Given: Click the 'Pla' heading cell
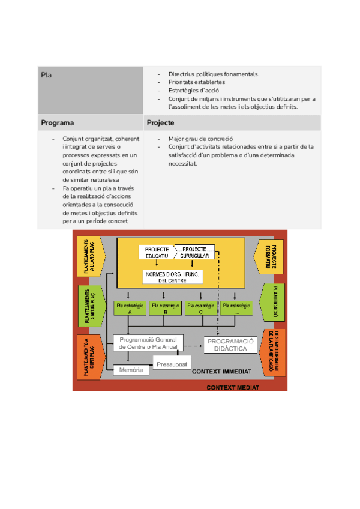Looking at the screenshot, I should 46,74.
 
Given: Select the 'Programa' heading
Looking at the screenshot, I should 58,123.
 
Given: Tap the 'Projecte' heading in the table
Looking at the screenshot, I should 160,123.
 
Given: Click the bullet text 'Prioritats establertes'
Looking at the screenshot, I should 197,82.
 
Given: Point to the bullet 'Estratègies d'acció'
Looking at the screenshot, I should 193,91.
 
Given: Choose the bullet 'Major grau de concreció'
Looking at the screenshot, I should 200,139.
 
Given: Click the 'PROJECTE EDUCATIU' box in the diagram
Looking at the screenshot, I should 157,252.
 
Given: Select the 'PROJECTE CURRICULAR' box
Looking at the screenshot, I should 196,252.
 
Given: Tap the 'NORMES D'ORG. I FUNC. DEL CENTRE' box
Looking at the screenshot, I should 172,277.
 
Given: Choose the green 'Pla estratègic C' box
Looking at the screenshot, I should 200,309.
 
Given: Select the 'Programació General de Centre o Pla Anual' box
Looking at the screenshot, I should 148,343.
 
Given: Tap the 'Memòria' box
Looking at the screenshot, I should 131,370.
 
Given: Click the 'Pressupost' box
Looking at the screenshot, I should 172,364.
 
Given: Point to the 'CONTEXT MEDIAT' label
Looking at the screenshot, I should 233,388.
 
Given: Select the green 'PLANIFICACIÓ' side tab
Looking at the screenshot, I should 273,302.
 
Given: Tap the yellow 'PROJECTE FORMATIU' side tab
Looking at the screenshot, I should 273,256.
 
